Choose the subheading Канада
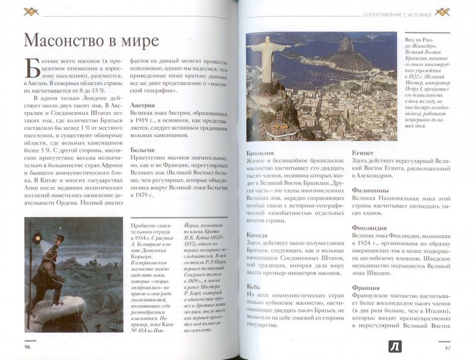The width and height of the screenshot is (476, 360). [x=258, y=234]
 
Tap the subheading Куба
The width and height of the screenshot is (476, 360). [x=254, y=287]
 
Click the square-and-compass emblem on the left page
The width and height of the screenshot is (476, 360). [x=30, y=12]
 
